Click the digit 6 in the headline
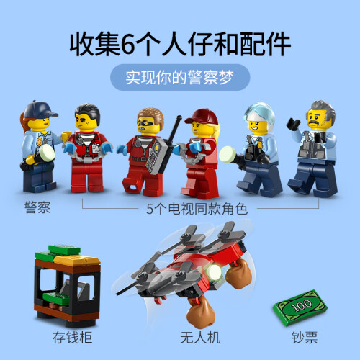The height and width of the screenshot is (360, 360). (127, 45)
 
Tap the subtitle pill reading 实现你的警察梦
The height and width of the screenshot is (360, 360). (180, 77)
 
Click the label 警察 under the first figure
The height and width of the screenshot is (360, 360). (37, 207)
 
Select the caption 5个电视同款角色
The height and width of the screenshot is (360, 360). (197, 209)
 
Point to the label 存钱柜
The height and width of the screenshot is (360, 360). (72, 338)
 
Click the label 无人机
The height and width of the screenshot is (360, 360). (200, 338)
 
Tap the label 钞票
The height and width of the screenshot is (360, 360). (305, 338)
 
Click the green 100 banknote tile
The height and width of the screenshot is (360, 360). (300, 307)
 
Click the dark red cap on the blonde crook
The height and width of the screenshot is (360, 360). (202, 117)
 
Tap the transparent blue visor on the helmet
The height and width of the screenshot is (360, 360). (259, 112)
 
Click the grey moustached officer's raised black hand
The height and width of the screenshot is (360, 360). (293, 124)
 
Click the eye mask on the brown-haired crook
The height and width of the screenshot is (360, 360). (147, 124)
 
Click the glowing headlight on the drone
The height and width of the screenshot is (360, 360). (214, 272)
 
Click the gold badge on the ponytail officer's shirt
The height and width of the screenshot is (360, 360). (39, 142)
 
